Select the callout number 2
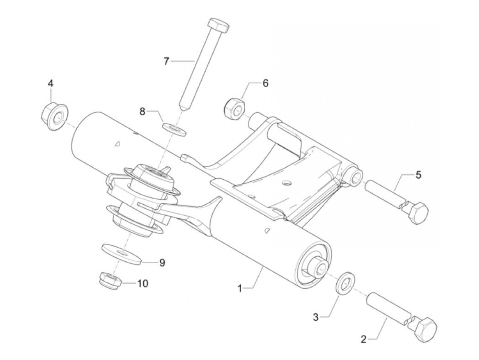coord(363,340)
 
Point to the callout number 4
coord(50,83)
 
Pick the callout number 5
coord(418,175)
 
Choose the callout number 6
coord(265,83)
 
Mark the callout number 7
coord(167,62)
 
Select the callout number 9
coord(162,262)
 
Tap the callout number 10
coord(143,283)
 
